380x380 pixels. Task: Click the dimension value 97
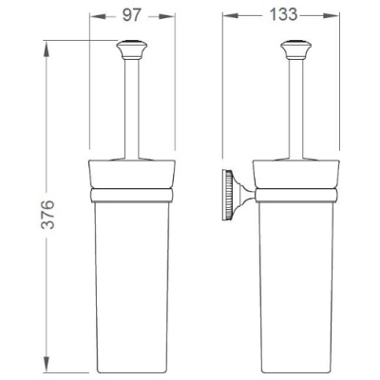[131, 15]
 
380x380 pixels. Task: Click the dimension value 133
[283, 14]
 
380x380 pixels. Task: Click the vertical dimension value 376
[48, 214]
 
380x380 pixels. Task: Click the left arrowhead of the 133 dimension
[231, 15]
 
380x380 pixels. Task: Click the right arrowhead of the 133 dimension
[332, 15]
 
